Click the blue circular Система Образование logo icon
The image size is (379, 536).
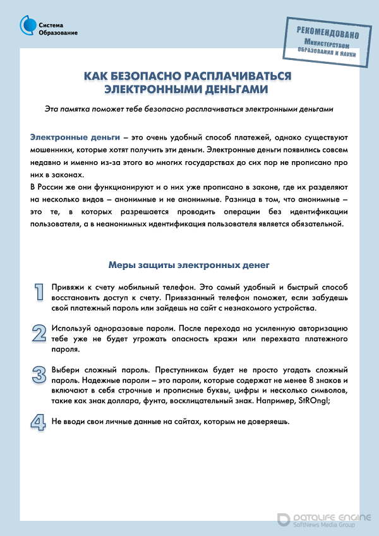pyautogui.click(x=27, y=25)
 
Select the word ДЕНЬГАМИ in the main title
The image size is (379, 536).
pyautogui.click(x=233, y=88)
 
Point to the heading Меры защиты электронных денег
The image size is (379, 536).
pyautogui.click(x=189, y=265)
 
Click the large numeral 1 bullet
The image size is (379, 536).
pyautogui.click(x=39, y=291)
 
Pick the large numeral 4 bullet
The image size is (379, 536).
pyautogui.click(x=39, y=422)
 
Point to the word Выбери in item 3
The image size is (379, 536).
pyautogui.click(x=66, y=369)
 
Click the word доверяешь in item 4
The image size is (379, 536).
pyautogui.click(x=267, y=421)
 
